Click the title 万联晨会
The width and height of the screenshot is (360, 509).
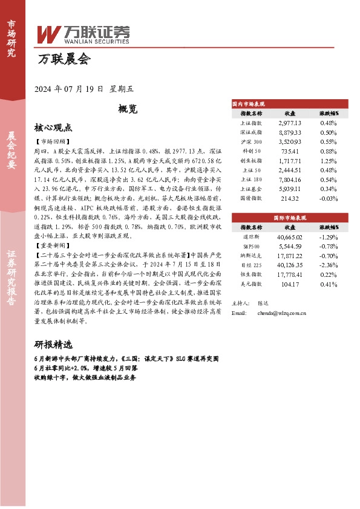pos(64,59)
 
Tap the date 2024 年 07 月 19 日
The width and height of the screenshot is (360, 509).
pos(68,89)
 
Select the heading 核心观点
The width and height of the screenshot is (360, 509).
pos(53,128)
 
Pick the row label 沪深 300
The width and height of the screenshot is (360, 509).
pos(251,141)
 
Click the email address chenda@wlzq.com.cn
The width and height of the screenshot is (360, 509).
pos(281,314)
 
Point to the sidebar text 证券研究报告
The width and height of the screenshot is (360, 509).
pos(11,282)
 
